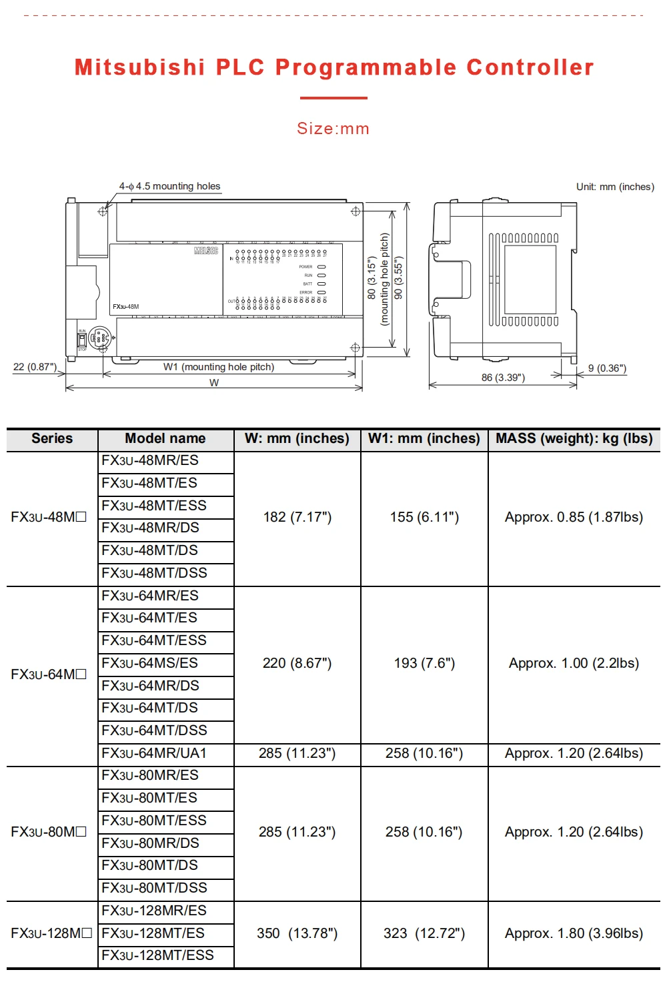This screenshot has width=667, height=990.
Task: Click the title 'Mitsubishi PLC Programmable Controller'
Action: tap(333, 67)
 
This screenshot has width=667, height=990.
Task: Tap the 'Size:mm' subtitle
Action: tap(333, 129)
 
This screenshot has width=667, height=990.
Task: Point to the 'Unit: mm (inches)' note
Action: tap(615, 187)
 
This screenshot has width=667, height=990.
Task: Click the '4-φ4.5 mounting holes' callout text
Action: tap(169, 186)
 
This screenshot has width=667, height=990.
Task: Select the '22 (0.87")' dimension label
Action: tap(35, 367)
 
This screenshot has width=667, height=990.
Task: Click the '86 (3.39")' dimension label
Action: tap(503, 378)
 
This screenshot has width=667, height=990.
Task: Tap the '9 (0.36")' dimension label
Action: tap(607, 368)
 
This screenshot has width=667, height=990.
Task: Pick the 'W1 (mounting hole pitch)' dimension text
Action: tap(219, 367)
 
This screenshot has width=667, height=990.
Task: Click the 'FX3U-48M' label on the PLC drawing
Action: tap(126, 307)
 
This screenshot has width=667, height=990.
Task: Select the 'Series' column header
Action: tap(52, 438)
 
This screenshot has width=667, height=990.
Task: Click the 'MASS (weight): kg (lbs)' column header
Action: tap(574, 438)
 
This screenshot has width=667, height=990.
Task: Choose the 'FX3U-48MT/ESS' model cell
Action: tap(154, 506)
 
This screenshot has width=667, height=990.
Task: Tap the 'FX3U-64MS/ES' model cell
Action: tap(150, 663)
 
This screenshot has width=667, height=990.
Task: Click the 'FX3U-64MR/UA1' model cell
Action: tap(154, 753)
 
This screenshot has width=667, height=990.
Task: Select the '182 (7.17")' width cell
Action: tap(297, 517)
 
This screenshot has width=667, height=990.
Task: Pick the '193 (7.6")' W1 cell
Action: tap(424, 663)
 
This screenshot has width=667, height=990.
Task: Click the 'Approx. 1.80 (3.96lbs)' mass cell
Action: tap(574, 933)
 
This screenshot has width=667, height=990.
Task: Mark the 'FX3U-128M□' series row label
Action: tap(51, 933)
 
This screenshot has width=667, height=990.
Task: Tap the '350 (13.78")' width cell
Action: tap(297, 933)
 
